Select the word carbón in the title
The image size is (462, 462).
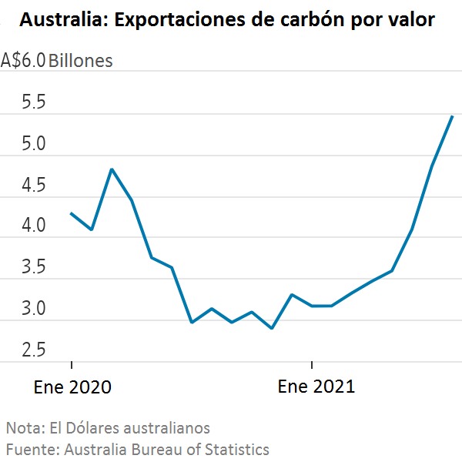tap(286, 21)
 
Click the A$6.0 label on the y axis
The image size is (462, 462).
tap(23, 60)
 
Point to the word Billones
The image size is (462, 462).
tap(81, 60)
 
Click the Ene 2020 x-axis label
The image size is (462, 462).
tap(72, 387)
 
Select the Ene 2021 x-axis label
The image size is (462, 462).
tap(316, 387)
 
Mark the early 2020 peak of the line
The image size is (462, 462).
tap(112, 169)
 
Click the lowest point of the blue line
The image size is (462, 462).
tap(272, 329)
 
